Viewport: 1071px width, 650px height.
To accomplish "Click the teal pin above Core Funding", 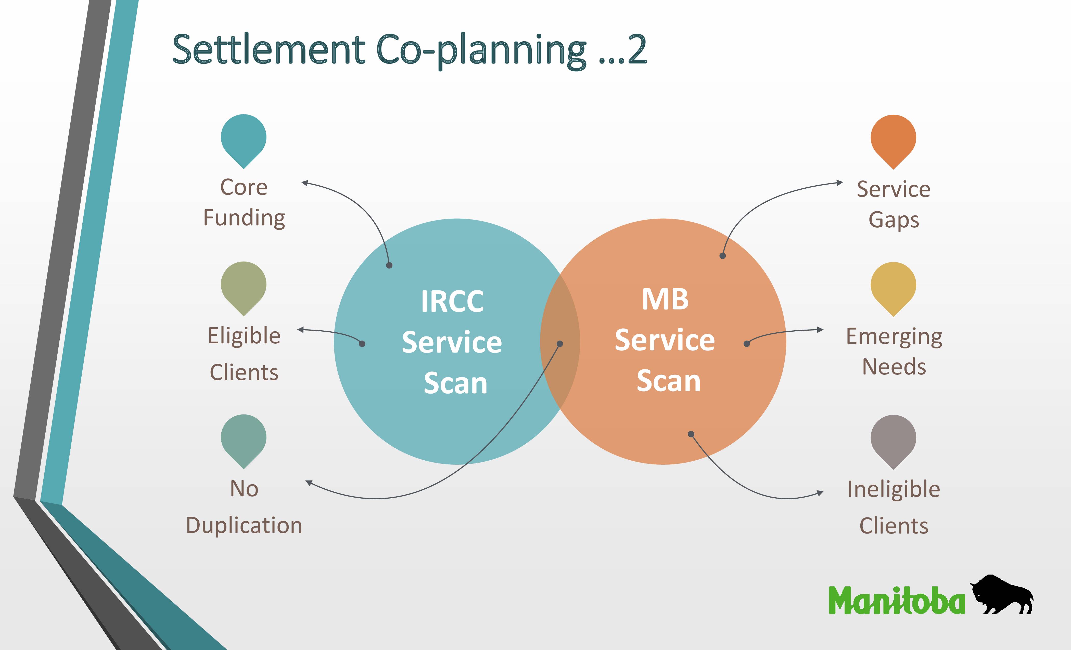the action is (244, 140).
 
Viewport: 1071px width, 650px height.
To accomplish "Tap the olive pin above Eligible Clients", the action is (244, 287).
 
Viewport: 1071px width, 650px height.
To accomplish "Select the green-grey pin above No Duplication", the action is (244, 440).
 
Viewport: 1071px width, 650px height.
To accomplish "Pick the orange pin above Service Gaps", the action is (893, 140).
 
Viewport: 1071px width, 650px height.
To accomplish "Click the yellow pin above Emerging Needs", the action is (893, 288).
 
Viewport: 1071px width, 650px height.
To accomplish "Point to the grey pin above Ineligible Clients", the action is (893, 440).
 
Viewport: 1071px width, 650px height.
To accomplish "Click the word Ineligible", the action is (894, 489).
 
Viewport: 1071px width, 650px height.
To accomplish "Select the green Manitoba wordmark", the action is (896, 600).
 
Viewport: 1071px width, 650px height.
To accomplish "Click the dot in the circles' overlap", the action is (560, 344).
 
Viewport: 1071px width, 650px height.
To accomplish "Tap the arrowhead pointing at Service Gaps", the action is (840, 183).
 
